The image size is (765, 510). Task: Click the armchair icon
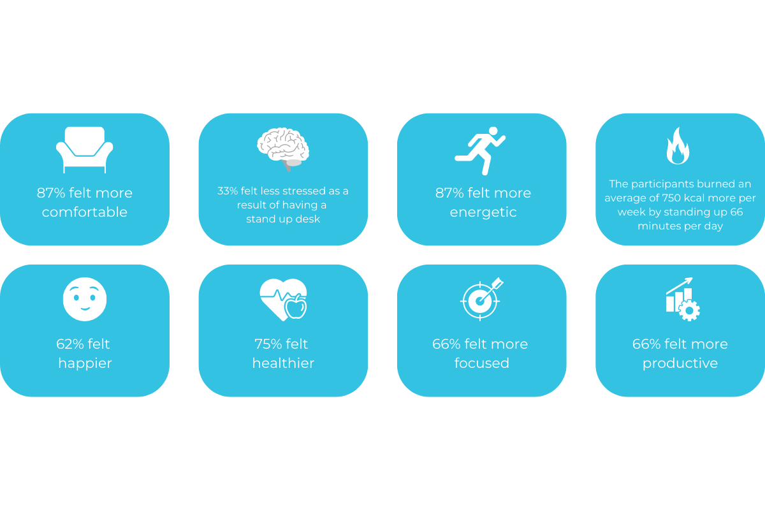[84, 150]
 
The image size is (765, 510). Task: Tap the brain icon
[283, 149]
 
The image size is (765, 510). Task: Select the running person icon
[480, 151]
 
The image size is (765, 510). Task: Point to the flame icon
[678, 146]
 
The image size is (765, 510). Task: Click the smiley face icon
[85, 299]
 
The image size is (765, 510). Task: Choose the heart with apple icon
[283, 300]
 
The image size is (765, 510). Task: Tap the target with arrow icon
[481, 299]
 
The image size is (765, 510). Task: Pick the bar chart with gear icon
[683, 299]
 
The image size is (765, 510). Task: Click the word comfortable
[85, 212]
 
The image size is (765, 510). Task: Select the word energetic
[483, 213]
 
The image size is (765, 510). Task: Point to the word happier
[85, 363]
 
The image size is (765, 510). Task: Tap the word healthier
[283, 363]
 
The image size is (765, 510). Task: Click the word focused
[481, 363]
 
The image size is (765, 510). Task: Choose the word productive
[680, 363]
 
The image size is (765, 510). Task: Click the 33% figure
[228, 191]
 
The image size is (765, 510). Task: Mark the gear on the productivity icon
[689, 310]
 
